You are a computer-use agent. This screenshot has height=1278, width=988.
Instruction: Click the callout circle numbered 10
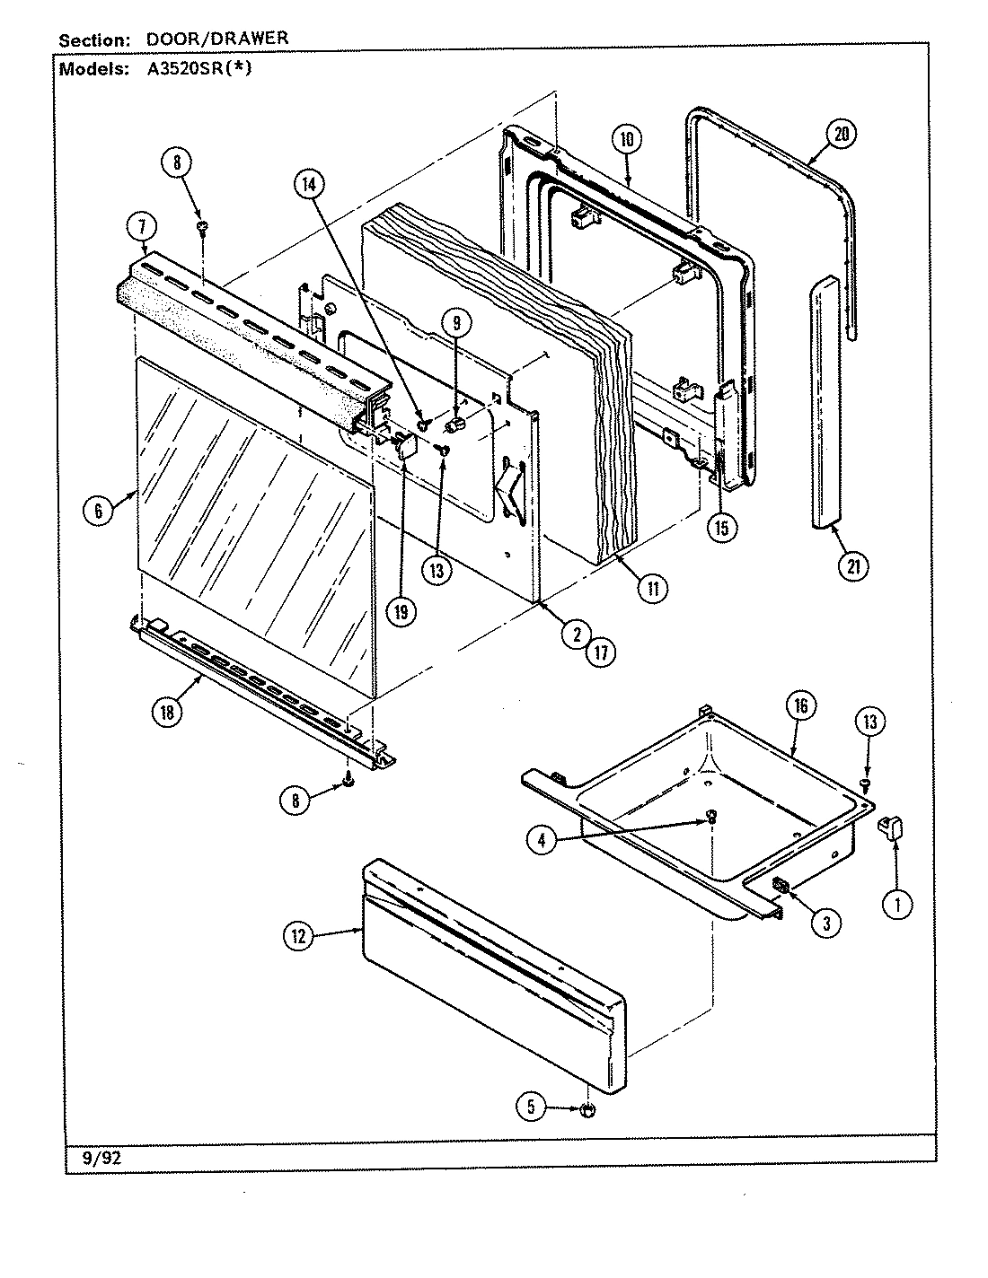pos(626,139)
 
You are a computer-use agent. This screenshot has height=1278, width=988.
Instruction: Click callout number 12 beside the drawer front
pos(298,937)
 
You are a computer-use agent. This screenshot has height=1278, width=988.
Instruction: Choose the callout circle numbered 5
pos(531,1107)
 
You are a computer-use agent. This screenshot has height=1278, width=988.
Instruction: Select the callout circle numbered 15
pos(720,528)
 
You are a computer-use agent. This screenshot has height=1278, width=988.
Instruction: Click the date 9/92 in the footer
pos(94,1159)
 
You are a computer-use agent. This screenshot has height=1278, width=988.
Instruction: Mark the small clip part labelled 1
pos(890,826)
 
